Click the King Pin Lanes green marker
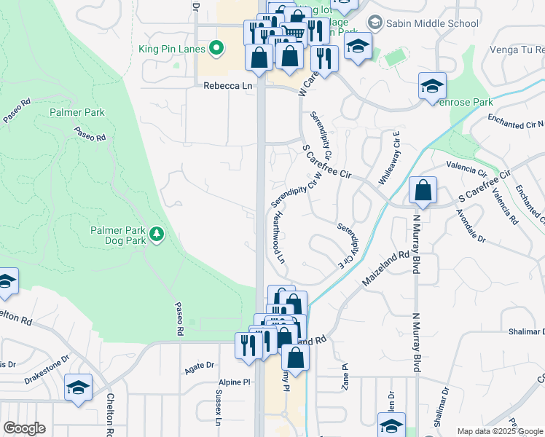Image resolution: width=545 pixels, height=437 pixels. [x=216, y=50]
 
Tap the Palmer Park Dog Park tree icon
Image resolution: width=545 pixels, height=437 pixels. [x=156, y=234]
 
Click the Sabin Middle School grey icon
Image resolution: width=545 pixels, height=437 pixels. [x=375, y=23]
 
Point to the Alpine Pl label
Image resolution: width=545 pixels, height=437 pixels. [x=234, y=382]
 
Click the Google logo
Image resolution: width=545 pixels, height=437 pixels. [x=24, y=428]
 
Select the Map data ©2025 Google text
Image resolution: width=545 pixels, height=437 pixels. [x=499, y=430]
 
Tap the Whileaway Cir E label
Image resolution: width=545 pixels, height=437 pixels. [x=388, y=158]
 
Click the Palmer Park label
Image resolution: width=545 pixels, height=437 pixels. [x=77, y=113]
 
